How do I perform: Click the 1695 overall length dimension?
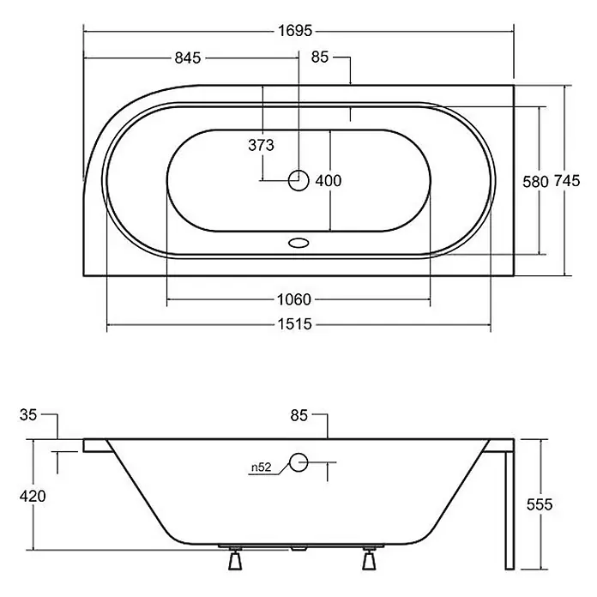click(x=295, y=31)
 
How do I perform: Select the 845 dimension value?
click(x=187, y=57)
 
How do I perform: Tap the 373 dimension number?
click(x=261, y=145)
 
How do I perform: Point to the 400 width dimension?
click(x=329, y=180)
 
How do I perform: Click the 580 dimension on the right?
click(x=535, y=182)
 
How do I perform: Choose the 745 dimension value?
click(x=566, y=180)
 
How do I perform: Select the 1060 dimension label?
click(x=294, y=299)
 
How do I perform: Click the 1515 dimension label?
click(x=294, y=324)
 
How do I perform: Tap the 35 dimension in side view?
click(x=28, y=414)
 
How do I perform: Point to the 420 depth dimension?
click(x=33, y=496)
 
